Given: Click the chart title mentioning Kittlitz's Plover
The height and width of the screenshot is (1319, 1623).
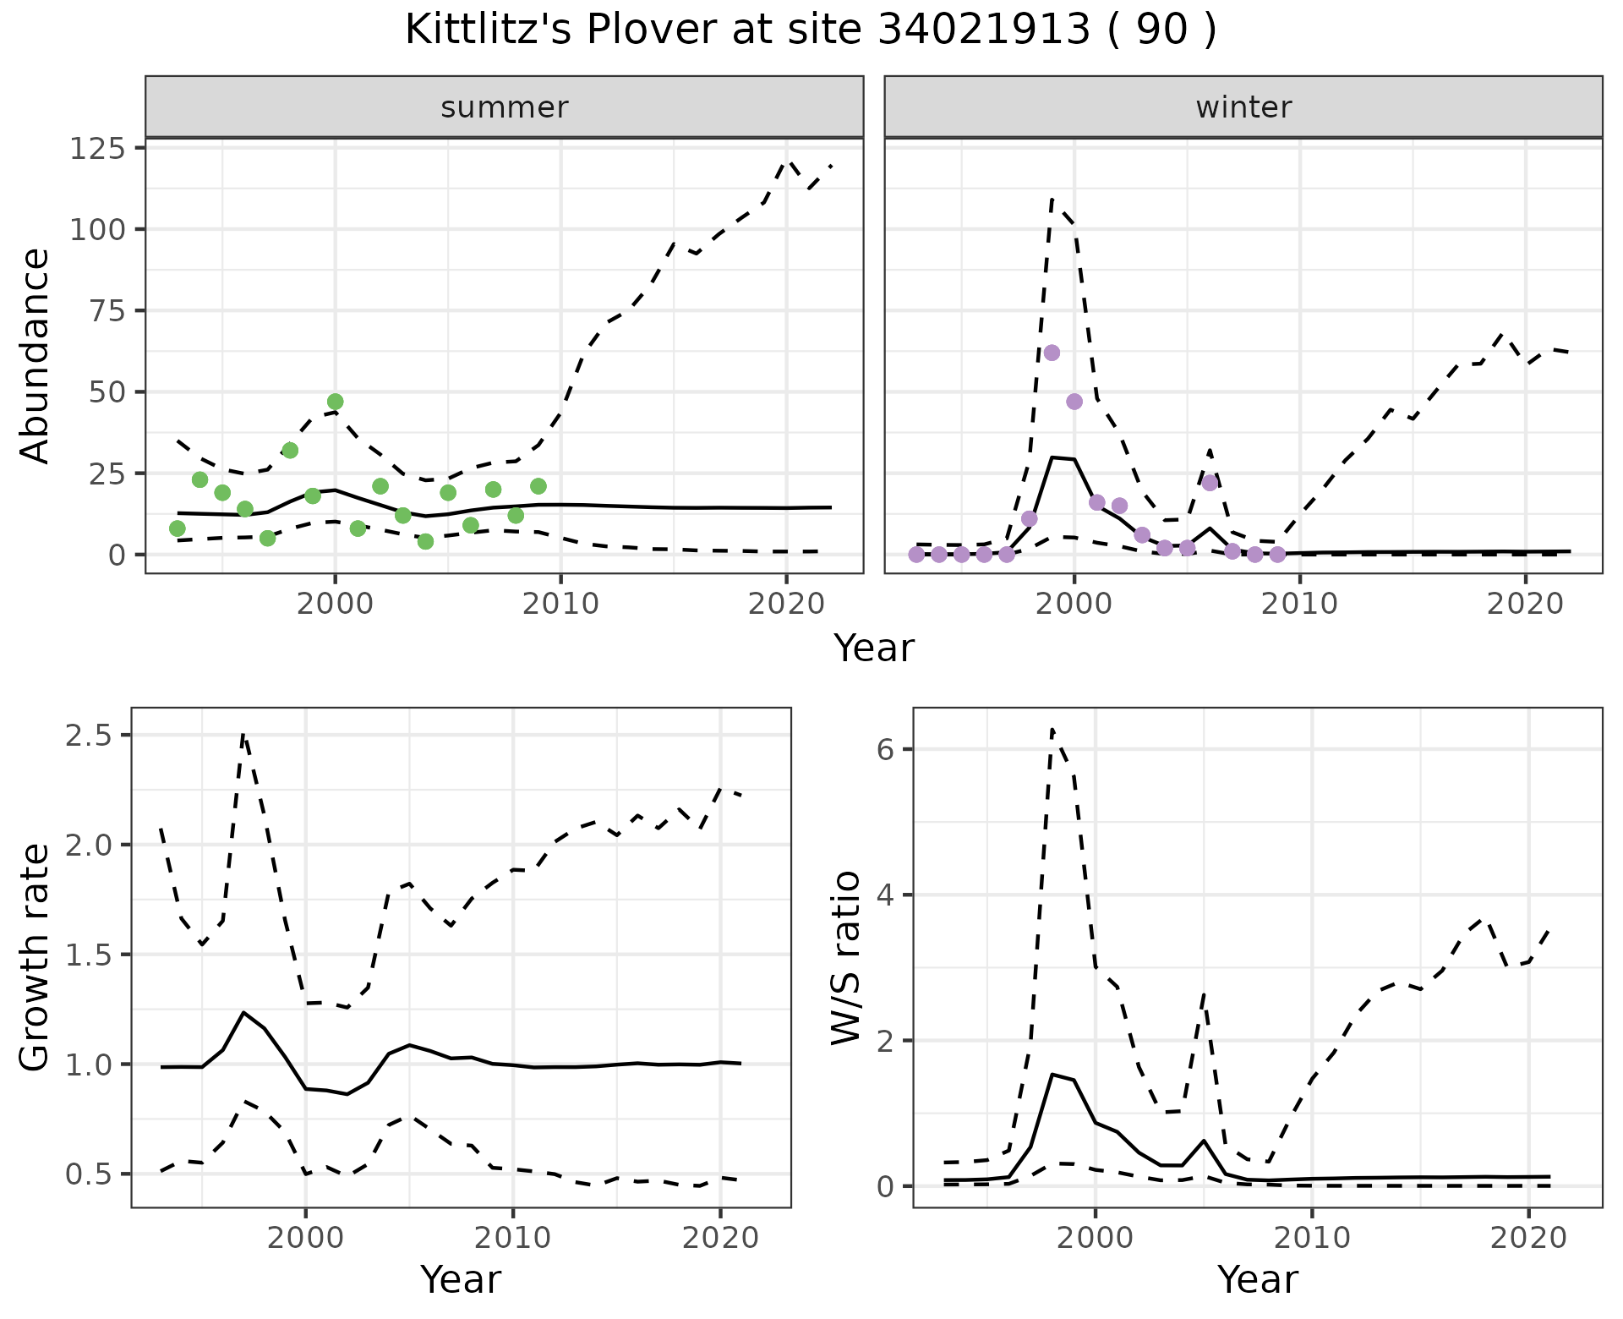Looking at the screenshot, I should (x=811, y=31).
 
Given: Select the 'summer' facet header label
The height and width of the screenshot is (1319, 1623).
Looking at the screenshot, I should (x=505, y=107).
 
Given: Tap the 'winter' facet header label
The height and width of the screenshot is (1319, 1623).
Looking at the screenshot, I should (x=1243, y=107).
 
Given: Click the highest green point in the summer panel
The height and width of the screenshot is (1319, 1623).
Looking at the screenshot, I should (x=336, y=402).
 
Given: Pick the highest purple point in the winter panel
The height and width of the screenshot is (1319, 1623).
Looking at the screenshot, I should (x=1052, y=353).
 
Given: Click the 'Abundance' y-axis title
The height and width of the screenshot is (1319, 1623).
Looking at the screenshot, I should (x=36, y=355).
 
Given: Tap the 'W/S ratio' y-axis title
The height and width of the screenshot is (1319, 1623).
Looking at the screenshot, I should (x=845, y=957).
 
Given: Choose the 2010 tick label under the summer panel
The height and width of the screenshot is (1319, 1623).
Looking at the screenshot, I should (x=560, y=604).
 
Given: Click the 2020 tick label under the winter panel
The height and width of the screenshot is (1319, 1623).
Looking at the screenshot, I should (x=1526, y=604).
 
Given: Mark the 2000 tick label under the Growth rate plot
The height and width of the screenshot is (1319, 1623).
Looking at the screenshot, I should (x=306, y=1238).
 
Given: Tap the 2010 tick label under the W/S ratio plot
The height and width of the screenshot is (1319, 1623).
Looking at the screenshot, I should (x=1312, y=1238).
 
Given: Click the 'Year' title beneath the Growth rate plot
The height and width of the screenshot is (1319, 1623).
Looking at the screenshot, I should (x=461, y=1280).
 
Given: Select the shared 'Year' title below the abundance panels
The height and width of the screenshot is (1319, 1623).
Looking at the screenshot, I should (x=874, y=649).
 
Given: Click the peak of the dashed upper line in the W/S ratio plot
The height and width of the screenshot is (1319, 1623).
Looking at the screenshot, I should (x=1052, y=728).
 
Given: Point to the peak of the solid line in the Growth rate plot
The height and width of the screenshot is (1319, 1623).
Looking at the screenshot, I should (x=243, y=1012).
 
